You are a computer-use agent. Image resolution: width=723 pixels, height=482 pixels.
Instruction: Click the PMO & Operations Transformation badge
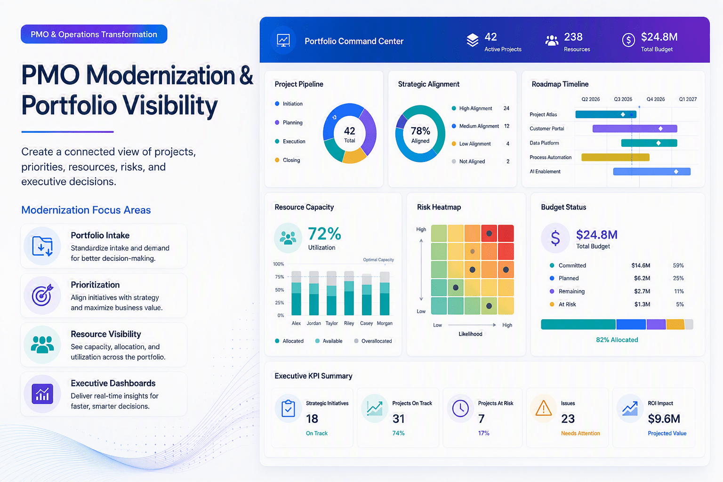(94, 34)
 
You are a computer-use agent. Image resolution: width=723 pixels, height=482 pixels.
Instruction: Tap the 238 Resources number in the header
(573, 37)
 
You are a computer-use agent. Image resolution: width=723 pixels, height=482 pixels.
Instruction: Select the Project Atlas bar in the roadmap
(606, 114)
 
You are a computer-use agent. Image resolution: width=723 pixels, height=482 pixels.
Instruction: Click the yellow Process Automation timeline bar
(615, 157)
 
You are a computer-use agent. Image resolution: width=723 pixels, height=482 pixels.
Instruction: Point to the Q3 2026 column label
(623, 99)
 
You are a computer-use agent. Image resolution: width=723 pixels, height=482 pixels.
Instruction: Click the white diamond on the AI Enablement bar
(676, 171)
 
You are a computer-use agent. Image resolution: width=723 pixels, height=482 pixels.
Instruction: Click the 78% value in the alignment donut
(420, 131)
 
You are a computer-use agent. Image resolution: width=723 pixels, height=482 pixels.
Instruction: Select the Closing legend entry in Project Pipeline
(287, 160)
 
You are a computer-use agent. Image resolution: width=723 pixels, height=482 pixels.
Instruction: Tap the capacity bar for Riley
(349, 293)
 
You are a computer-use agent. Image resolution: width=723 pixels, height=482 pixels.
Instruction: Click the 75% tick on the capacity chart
(279, 277)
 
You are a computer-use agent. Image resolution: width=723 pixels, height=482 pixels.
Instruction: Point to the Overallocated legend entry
(373, 341)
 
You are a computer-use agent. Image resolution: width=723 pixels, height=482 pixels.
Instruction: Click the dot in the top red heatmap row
(489, 233)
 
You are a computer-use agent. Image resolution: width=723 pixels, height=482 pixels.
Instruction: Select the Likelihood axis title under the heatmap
(470, 334)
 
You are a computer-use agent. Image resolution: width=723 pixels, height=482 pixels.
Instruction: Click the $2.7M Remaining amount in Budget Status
(642, 291)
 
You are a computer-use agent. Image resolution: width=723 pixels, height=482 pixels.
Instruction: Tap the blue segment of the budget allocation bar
(631, 324)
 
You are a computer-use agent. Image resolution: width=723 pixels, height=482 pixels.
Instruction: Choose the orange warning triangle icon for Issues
(543, 408)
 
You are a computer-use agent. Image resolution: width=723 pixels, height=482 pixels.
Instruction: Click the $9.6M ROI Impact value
(664, 419)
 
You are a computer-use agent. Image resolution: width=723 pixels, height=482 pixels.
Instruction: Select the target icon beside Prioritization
(42, 295)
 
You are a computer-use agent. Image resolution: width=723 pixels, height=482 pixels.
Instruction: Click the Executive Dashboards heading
(113, 383)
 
